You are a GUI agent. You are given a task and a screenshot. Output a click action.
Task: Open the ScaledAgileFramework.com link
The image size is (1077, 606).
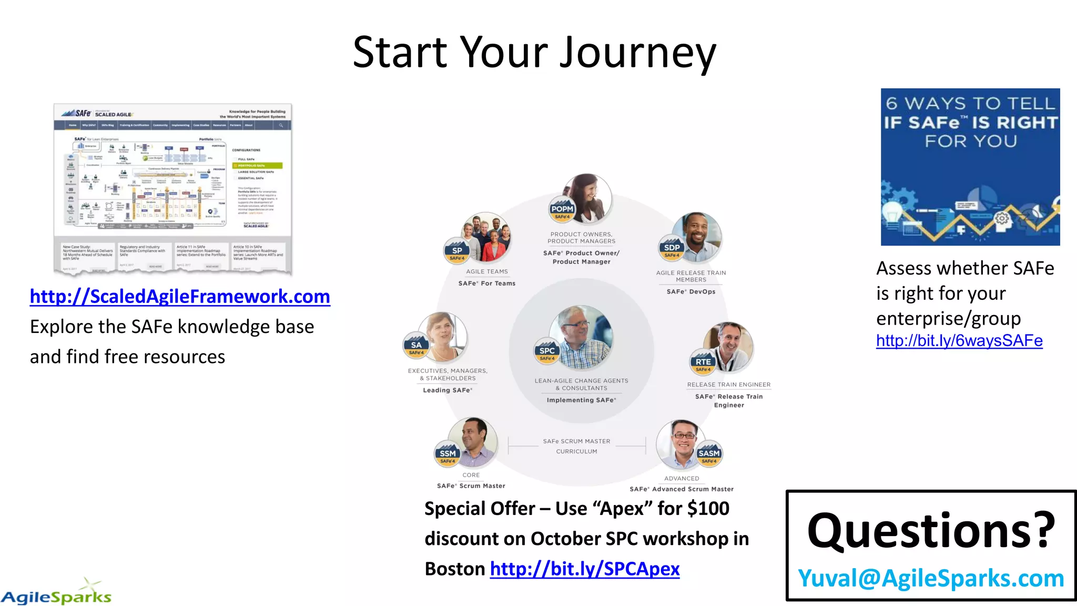click(180, 297)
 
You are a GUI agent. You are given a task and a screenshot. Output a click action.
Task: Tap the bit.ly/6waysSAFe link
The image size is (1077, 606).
click(959, 341)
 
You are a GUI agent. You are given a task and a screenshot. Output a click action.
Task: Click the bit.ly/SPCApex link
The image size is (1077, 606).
click(584, 569)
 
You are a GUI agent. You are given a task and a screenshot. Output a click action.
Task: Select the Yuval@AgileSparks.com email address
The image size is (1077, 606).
click(931, 578)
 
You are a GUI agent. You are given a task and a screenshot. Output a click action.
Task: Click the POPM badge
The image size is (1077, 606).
click(562, 210)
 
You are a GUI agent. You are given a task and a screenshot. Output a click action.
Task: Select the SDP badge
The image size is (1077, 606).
click(672, 248)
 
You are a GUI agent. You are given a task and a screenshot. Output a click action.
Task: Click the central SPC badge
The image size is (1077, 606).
click(547, 351)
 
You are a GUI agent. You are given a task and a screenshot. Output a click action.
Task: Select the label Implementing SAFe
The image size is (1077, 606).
click(581, 400)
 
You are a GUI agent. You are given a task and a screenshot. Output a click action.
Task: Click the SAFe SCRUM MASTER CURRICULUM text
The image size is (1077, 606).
click(577, 446)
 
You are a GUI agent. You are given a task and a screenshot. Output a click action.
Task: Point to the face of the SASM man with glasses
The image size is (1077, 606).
click(683, 439)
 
